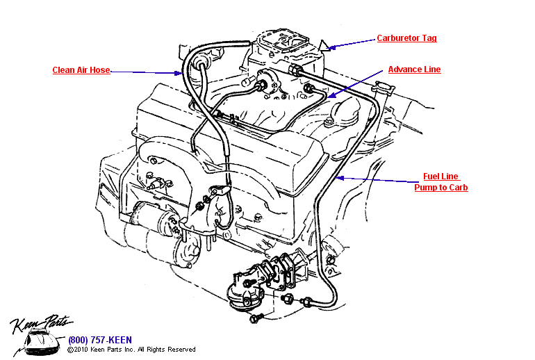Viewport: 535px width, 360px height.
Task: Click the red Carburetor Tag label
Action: [x=406, y=38]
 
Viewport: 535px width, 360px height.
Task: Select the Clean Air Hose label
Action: [x=81, y=70]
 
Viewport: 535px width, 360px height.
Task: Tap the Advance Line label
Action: [x=414, y=69]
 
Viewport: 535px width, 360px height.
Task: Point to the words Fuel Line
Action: [x=441, y=177]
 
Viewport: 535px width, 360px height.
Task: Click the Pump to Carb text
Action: [x=441, y=188]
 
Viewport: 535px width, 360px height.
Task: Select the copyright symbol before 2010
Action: [x=70, y=350]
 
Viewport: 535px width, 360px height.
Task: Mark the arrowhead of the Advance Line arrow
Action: [x=327, y=97]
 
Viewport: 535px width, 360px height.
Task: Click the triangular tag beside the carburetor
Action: [x=324, y=48]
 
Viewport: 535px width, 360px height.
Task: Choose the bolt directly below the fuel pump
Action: [x=254, y=320]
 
